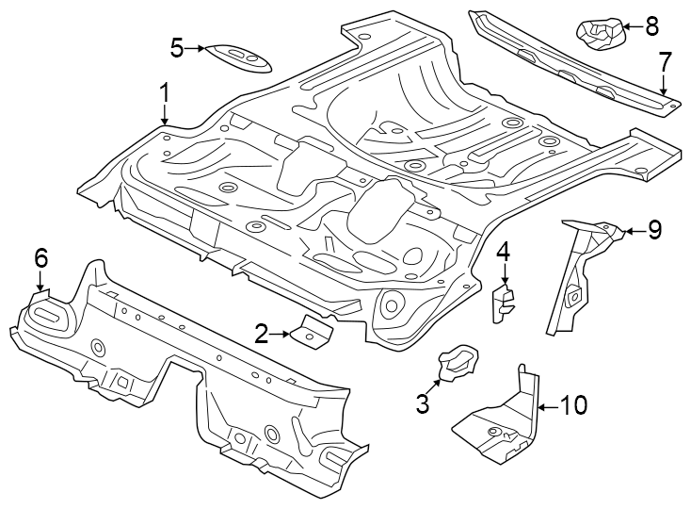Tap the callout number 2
pyautogui.click(x=262, y=332)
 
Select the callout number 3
pyautogui.click(x=423, y=404)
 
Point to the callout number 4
pyautogui.click(x=504, y=251)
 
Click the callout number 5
pyautogui.click(x=176, y=46)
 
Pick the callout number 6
pyautogui.click(x=40, y=257)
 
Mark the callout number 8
pyautogui.click(x=652, y=26)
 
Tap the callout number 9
pyautogui.click(x=654, y=229)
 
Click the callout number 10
pyautogui.click(x=573, y=405)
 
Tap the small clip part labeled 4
pyautogui.click(x=504, y=303)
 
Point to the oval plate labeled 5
pyautogui.click(x=239, y=56)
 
